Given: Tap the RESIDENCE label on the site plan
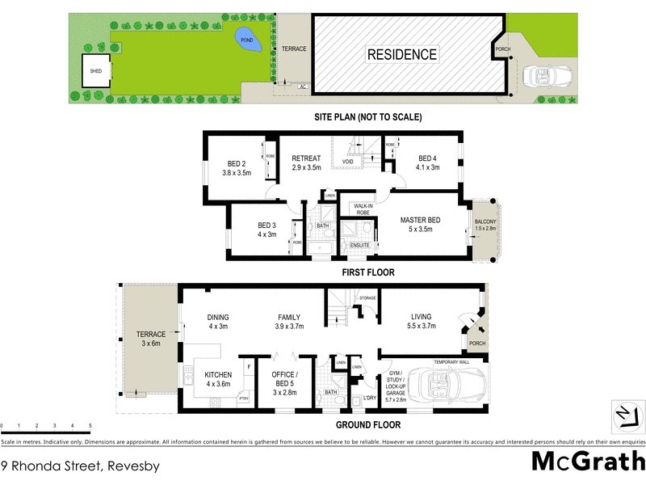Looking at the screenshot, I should (402, 55).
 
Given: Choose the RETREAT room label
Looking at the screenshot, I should (306, 158).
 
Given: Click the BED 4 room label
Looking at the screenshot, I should (428, 158).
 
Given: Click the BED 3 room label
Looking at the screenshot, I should (267, 226).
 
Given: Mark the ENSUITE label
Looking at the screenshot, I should (359, 244).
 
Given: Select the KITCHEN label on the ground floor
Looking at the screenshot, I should (218, 374).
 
